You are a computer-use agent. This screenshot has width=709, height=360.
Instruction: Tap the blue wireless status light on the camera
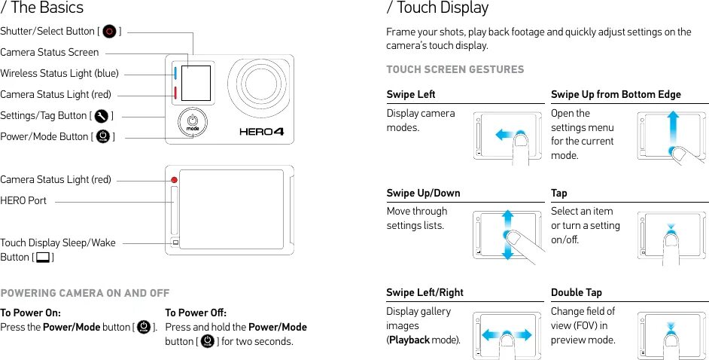[175, 73]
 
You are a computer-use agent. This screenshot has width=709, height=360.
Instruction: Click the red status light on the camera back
[175, 180]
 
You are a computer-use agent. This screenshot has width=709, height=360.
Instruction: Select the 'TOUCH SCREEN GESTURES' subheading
[455, 69]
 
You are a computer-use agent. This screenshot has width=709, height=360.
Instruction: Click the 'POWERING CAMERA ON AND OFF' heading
[84, 293]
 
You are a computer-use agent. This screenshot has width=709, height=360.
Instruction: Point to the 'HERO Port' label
[23, 200]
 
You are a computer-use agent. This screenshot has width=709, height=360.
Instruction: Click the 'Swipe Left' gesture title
[410, 94]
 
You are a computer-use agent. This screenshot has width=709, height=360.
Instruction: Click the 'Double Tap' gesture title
[576, 292]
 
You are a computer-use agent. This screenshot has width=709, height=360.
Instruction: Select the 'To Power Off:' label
[195, 313]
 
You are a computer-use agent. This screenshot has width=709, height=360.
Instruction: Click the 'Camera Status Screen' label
[49, 52]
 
